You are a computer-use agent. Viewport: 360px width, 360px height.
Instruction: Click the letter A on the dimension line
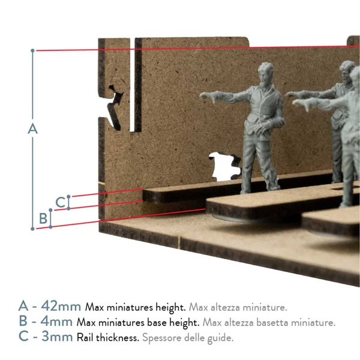click(x=32, y=128)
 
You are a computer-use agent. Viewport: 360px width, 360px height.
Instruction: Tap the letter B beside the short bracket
click(x=43, y=218)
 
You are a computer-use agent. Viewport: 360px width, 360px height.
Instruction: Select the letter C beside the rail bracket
click(x=61, y=202)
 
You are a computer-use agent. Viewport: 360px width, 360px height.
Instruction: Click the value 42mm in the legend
click(x=61, y=306)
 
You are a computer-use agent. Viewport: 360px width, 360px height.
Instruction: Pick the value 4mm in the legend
click(x=56, y=321)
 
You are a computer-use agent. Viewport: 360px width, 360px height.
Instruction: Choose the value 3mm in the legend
click(x=57, y=337)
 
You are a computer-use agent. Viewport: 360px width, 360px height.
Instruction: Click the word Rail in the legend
click(x=85, y=337)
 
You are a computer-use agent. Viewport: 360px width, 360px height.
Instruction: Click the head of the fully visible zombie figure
click(x=266, y=73)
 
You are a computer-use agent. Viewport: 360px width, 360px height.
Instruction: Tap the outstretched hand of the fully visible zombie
click(x=208, y=97)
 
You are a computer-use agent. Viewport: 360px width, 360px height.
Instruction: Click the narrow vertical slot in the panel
click(x=132, y=85)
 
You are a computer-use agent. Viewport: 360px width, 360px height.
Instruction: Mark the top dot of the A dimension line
click(x=32, y=50)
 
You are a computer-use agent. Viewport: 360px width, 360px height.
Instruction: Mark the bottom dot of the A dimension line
click(x=32, y=229)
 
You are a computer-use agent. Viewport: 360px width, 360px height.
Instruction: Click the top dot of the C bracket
click(x=68, y=197)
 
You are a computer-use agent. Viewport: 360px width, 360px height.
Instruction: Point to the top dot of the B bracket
click(x=50, y=210)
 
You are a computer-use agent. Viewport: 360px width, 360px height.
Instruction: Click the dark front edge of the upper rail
click(x=175, y=196)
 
